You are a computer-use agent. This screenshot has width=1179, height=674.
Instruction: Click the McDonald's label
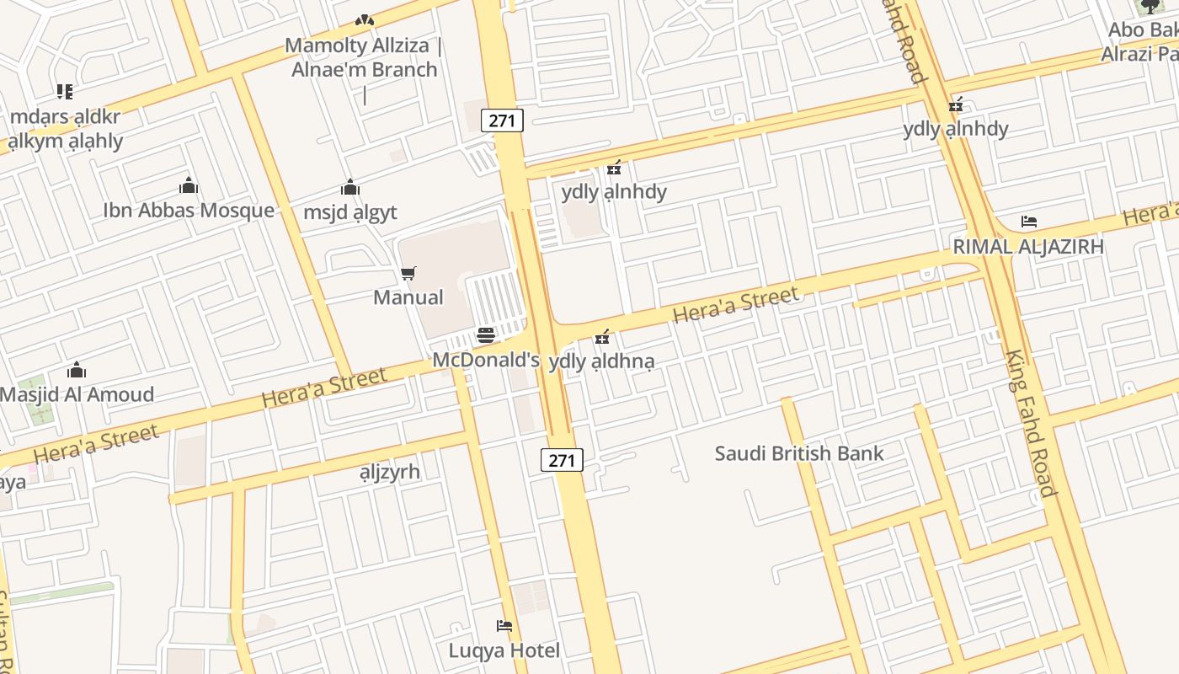click(x=486, y=360)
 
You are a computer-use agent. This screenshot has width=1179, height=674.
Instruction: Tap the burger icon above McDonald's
click(x=486, y=335)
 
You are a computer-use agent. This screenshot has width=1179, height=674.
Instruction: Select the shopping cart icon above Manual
click(x=408, y=273)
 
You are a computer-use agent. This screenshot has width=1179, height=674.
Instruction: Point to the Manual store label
click(x=408, y=297)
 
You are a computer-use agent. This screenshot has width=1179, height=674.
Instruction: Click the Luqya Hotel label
click(x=504, y=650)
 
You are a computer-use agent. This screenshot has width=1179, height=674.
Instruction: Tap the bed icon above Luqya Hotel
click(x=504, y=626)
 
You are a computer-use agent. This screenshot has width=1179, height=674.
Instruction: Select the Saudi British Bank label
click(x=799, y=453)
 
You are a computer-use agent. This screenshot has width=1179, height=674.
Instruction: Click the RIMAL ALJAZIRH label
click(x=1027, y=247)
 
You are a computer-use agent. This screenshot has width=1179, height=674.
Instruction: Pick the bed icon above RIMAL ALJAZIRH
click(x=1028, y=222)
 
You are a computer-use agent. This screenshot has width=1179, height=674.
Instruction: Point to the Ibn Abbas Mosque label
click(x=189, y=210)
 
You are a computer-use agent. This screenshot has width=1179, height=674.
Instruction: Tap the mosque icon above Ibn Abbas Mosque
click(x=189, y=185)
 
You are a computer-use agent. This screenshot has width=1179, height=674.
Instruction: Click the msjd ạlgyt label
click(x=349, y=211)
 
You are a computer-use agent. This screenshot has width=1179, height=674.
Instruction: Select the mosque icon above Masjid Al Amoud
click(x=77, y=370)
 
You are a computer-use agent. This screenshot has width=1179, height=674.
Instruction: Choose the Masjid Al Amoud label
click(x=77, y=394)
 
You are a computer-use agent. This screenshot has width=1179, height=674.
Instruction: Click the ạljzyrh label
click(x=389, y=471)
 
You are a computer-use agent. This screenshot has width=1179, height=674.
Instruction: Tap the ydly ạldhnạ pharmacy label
click(x=601, y=361)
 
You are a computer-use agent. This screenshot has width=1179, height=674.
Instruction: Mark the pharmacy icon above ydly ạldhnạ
click(x=602, y=337)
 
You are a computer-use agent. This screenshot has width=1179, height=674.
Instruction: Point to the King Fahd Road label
click(x=1030, y=423)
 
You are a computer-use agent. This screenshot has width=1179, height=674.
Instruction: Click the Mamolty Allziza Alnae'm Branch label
click(x=364, y=57)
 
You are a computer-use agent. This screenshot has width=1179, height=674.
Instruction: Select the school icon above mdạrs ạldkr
click(x=65, y=91)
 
